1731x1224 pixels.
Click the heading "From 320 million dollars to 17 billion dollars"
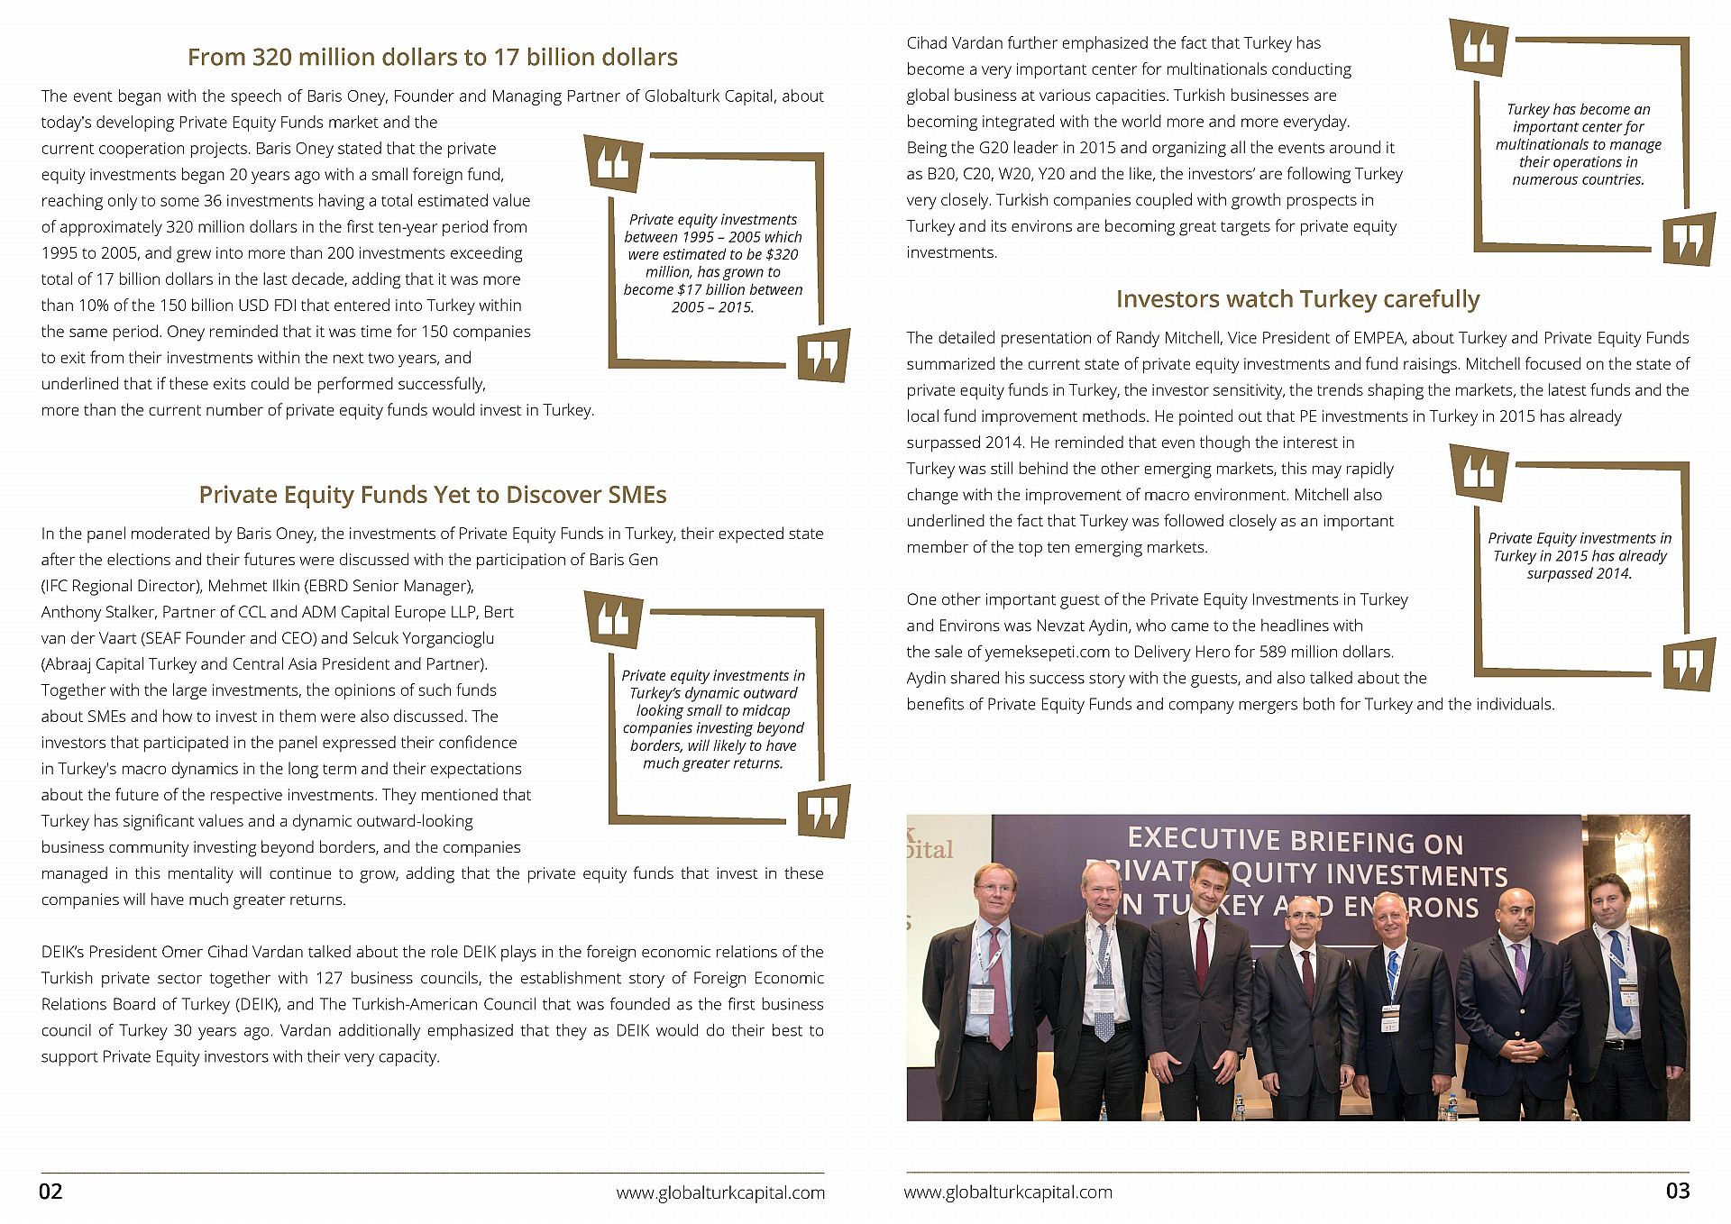pyautogui.click(x=432, y=57)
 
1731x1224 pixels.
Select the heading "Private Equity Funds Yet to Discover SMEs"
pyautogui.click(x=432, y=495)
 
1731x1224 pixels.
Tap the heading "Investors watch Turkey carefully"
pyautogui.click(x=1297, y=299)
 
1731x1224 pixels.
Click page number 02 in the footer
pyautogui.click(x=50, y=1192)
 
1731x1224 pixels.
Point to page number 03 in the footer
pyautogui.click(x=1677, y=1191)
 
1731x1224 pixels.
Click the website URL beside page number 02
pyautogui.click(x=720, y=1192)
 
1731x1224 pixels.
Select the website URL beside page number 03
pyautogui.click(x=1008, y=1192)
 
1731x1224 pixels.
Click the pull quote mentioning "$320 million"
pyautogui.click(x=712, y=263)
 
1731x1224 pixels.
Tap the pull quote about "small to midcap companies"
pyautogui.click(x=712, y=719)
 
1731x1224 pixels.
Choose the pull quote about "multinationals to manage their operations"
pyautogui.click(x=1578, y=144)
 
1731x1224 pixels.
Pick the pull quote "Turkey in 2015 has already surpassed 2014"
pyautogui.click(x=1579, y=555)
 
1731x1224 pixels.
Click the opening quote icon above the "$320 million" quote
pyautogui.click(x=614, y=163)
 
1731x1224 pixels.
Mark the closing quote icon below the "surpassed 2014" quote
pyautogui.click(x=1688, y=664)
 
